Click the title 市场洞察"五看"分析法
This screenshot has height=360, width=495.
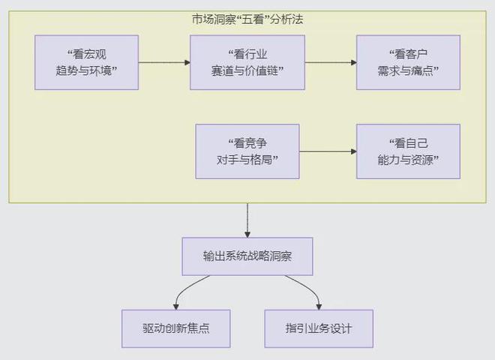[x=247, y=19]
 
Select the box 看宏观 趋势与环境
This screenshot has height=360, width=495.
[x=86, y=62]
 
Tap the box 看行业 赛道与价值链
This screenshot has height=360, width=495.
[x=247, y=62]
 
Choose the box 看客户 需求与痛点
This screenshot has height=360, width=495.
[x=407, y=62]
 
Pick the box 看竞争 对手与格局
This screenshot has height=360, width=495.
[x=247, y=151]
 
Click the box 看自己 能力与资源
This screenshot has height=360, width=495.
[x=407, y=151]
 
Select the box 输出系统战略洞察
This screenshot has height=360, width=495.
[x=247, y=256]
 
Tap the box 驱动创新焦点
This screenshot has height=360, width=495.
[x=175, y=328]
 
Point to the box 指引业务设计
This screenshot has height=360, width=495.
[x=319, y=328]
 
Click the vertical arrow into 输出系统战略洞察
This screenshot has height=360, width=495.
[x=247, y=220]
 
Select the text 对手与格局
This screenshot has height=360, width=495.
[x=247, y=160]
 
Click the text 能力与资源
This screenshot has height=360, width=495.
[x=407, y=160]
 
